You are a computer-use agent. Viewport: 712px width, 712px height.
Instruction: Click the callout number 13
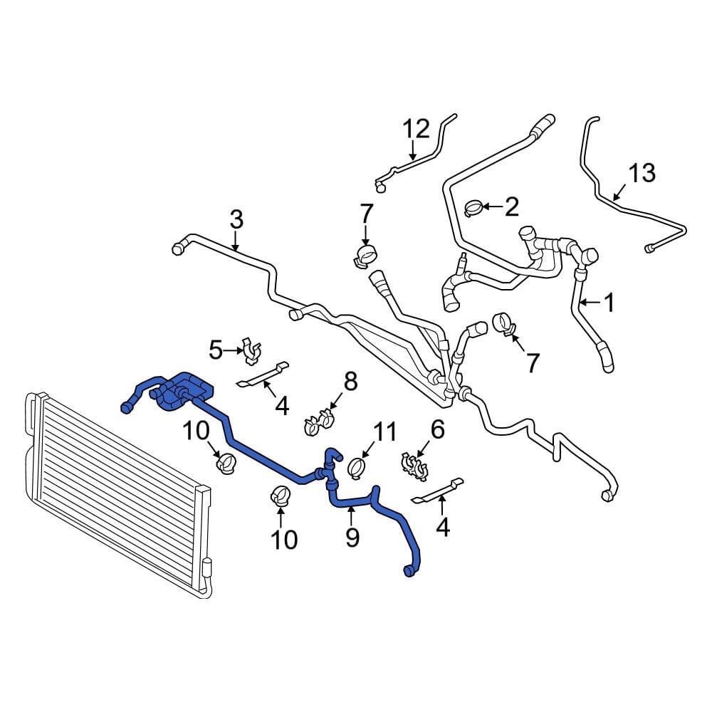click(642, 173)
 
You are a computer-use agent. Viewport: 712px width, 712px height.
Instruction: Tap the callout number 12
click(417, 129)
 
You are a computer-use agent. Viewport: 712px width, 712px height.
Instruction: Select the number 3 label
click(236, 219)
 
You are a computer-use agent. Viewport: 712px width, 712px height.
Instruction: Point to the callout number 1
click(608, 303)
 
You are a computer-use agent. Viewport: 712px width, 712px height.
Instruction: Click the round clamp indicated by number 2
click(472, 208)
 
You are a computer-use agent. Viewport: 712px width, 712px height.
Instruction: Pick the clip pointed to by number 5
click(251, 351)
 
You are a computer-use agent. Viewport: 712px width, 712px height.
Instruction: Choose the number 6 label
click(437, 429)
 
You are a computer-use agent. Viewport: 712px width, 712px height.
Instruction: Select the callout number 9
click(352, 537)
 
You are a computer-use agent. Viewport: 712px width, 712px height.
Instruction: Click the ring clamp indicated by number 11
click(357, 468)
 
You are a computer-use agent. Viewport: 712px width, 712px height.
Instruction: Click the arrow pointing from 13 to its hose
click(621, 192)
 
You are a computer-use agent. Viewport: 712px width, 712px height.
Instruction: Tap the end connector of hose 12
click(379, 186)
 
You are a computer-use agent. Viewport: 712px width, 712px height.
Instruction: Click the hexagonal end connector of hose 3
click(178, 248)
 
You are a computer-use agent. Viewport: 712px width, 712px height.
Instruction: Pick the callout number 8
click(350, 382)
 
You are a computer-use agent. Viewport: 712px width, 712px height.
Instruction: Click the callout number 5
click(216, 350)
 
